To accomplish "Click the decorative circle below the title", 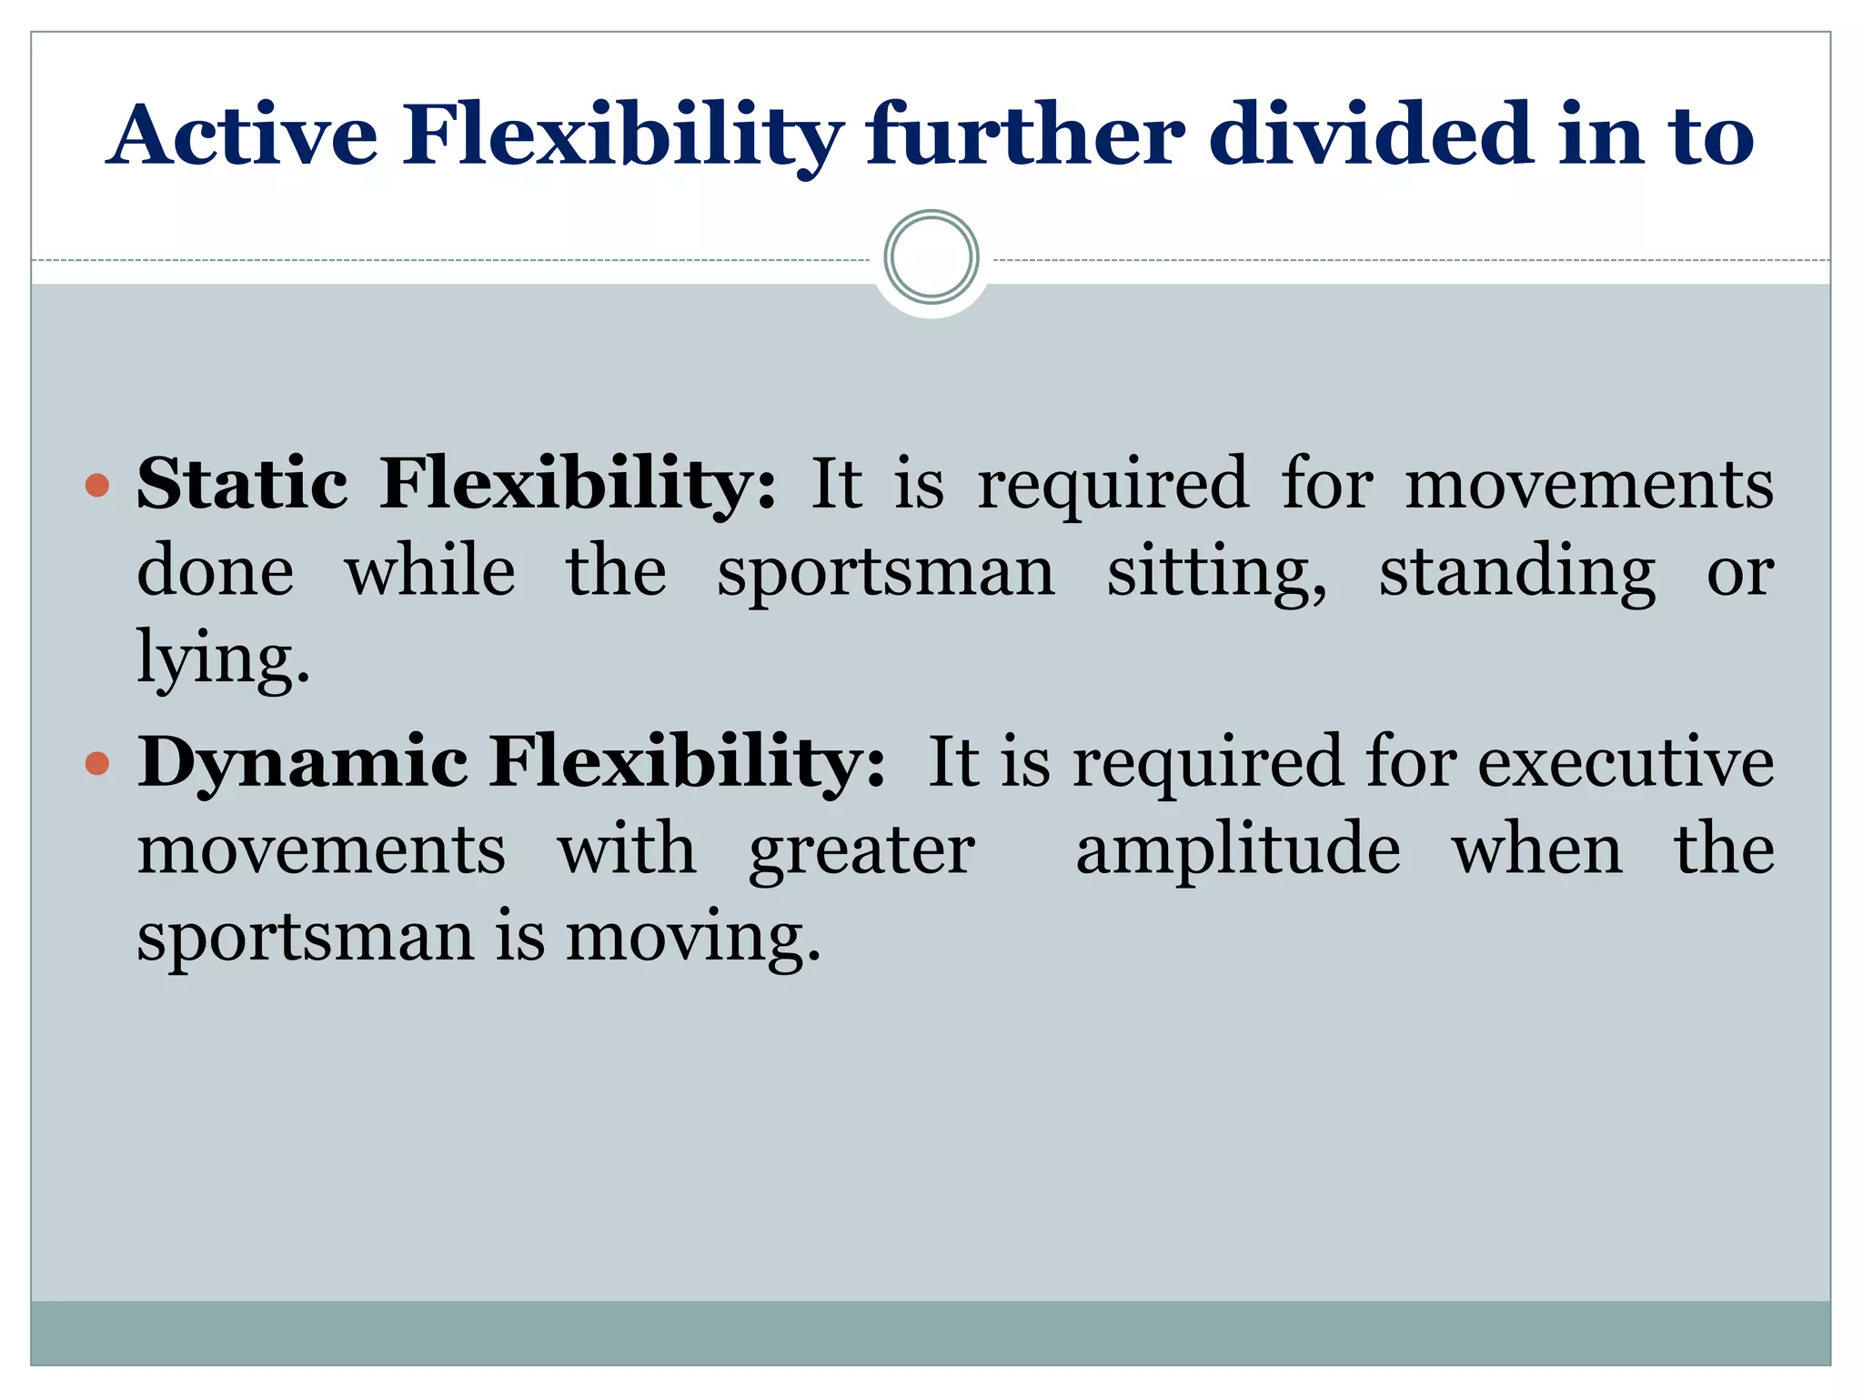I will coord(931,257).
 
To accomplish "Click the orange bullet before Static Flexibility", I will coord(96,485).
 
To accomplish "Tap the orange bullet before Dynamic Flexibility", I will coord(96,762).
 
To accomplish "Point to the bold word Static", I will coord(242,483).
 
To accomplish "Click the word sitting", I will coord(1216,573).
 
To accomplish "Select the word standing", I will coord(1516,573).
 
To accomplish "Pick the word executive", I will coord(1625,761).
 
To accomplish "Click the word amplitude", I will coord(1238,849).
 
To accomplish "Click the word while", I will coord(429,572).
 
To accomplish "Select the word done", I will coord(216,572).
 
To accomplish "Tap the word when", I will coord(1536,849).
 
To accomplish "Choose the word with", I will coord(627,849).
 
